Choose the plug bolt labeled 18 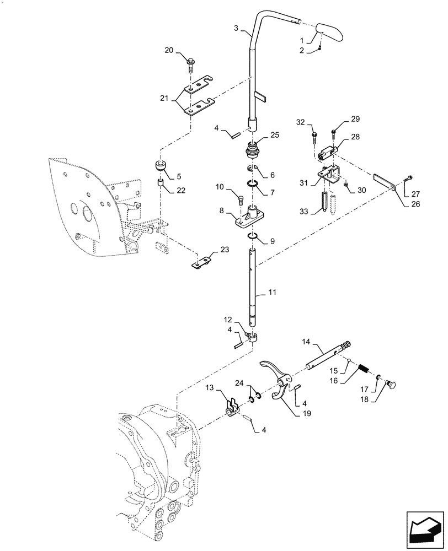pos(395,382)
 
